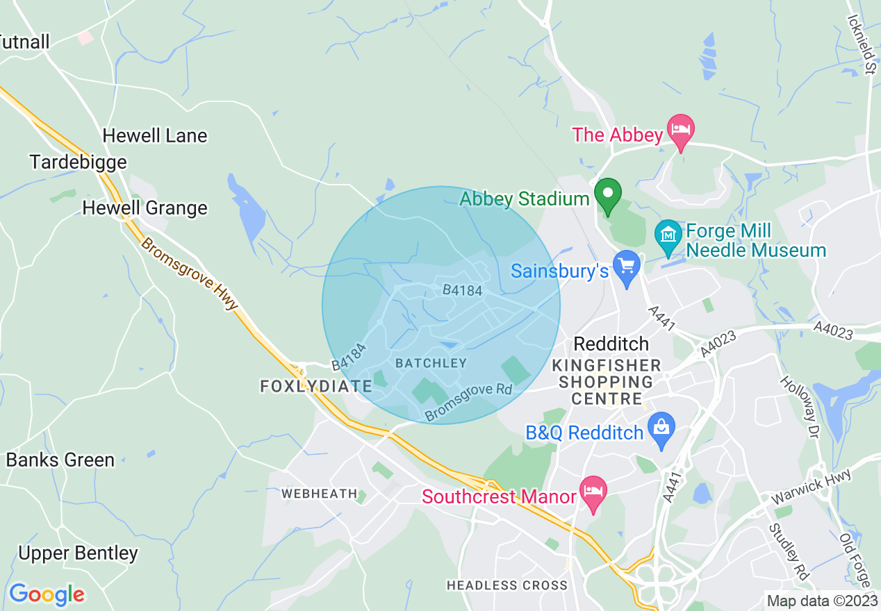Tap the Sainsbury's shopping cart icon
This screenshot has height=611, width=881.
(x=628, y=268)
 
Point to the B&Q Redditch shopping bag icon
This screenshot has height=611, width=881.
(x=661, y=430)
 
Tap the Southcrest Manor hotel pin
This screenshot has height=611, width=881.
(x=593, y=492)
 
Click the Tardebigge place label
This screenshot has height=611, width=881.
(x=79, y=162)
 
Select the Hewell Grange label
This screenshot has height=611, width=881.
(x=145, y=208)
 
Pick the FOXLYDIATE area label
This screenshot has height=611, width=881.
(x=316, y=386)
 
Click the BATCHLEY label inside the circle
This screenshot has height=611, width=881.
(x=431, y=363)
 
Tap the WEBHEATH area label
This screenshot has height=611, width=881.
(x=319, y=494)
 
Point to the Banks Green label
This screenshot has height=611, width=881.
(x=60, y=460)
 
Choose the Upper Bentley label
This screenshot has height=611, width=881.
(x=78, y=553)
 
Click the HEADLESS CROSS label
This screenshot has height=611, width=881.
(x=507, y=585)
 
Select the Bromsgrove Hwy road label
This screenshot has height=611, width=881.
(x=190, y=275)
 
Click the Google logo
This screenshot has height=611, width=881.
(x=47, y=594)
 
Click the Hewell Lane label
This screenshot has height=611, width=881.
(x=155, y=135)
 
